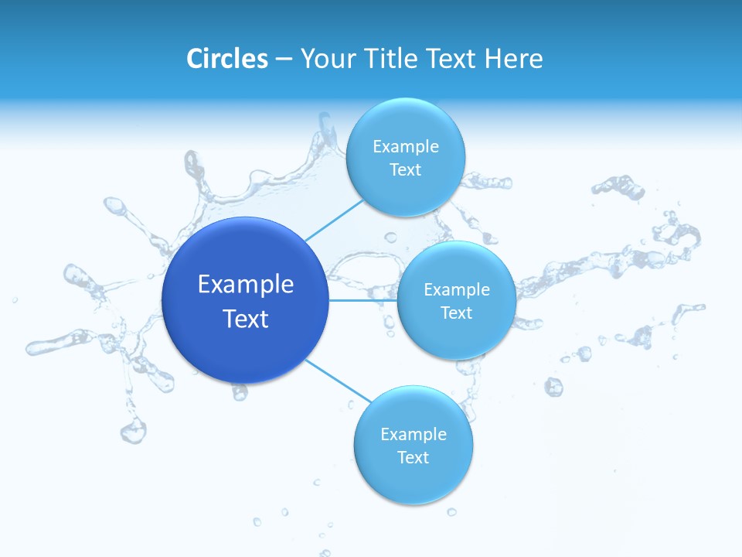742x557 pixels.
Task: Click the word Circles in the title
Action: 227,59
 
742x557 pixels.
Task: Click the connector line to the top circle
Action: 334,220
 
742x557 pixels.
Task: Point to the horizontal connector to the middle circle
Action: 362,300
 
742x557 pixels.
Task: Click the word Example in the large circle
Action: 246,285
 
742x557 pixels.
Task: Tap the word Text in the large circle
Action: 246,319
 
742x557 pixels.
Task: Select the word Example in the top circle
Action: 406,147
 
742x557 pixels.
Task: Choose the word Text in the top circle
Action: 406,170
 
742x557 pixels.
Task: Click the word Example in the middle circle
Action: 457,290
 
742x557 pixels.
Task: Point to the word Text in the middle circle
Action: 457,313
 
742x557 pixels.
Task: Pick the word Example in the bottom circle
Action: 414,435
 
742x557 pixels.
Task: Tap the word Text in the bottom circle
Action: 414,458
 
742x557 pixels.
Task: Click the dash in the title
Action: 283,60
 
